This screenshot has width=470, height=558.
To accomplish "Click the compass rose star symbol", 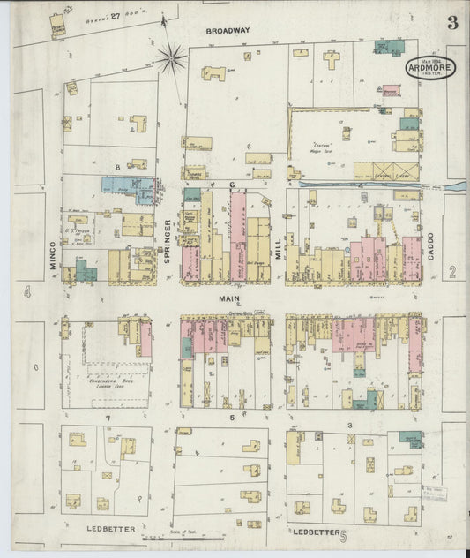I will [172, 60].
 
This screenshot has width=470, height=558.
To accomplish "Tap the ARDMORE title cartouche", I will [430, 68].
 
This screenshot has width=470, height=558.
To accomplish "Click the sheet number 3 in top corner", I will [451, 24].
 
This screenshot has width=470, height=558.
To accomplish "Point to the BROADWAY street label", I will [228, 30].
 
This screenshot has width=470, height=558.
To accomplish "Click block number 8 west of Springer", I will [116, 166].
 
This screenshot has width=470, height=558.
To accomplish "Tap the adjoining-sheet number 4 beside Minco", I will [28, 291].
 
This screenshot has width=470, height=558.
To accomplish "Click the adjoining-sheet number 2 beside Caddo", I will [451, 273].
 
